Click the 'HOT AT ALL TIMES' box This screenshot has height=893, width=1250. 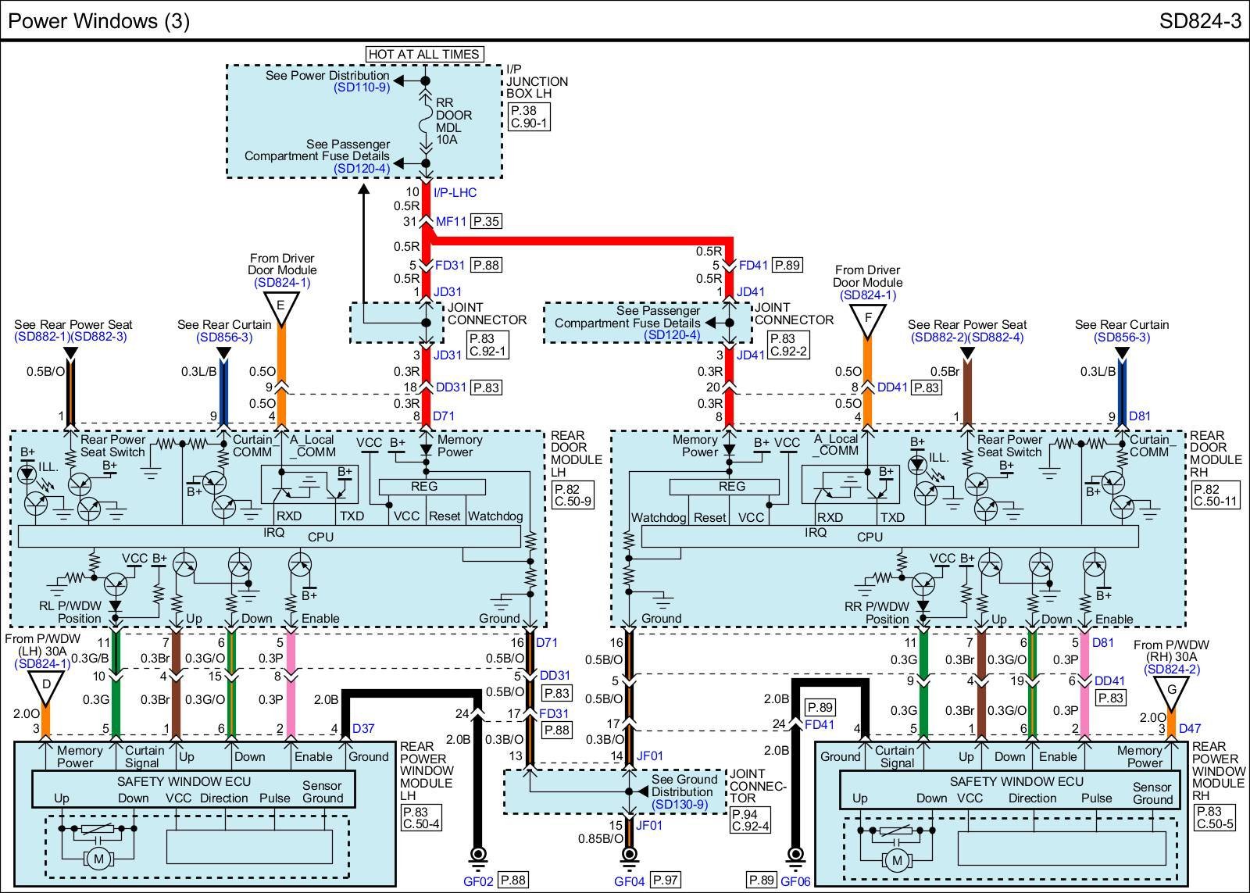point(424,54)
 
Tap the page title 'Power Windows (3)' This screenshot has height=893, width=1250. point(98,21)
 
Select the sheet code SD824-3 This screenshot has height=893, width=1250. point(1200,21)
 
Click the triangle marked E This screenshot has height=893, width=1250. point(281,305)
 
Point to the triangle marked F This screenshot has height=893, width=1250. point(867,318)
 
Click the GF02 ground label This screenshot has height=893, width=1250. point(477,880)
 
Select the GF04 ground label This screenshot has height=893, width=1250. point(629,880)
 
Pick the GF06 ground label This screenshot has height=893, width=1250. point(795,880)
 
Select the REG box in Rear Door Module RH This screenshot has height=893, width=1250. point(731,487)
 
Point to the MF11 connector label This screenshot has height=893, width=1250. point(451,221)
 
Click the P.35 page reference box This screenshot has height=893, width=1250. point(486,221)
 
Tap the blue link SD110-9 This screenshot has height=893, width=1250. point(362,88)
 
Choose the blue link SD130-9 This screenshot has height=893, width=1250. point(679,804)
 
